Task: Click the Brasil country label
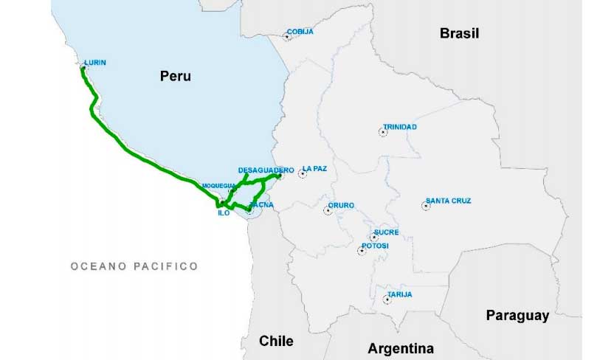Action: (459, 33)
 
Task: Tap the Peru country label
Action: (176, 75)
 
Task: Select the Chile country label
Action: (276, 341)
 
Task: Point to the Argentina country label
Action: (401, 348)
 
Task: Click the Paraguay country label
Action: (517, 316)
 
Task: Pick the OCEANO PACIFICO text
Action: (134, 266)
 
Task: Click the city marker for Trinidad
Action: (382, 132)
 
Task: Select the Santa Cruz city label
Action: (449, 201)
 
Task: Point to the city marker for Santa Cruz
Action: (426, 206)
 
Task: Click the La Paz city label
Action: (314, 168)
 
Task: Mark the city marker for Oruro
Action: (328, 211)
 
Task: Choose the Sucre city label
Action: (386, 232)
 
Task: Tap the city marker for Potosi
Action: (362, 251)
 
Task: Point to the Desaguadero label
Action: (261, 170)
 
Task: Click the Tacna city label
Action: (262, 204)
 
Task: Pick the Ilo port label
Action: (224, 212)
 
